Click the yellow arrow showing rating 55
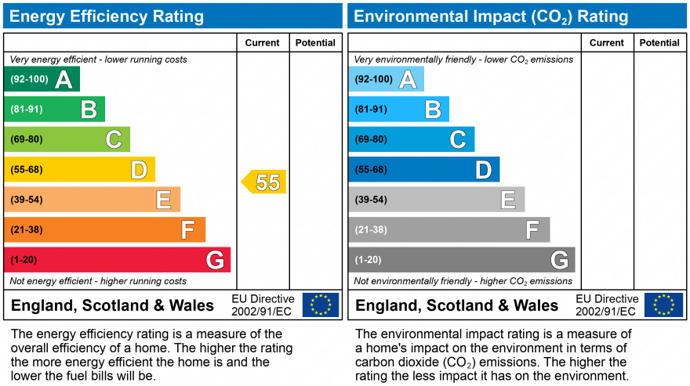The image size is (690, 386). pos(264,182)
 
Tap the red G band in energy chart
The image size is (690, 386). pos(118,260)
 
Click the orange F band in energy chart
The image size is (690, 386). pos(105,229)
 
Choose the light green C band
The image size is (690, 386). pos(67,139)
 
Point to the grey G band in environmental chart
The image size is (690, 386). pos(462,260)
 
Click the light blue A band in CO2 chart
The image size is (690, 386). pos(387,79)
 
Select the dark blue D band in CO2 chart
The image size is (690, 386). pos(424,169)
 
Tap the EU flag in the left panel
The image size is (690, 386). pos(321,305)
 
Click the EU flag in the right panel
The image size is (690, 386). pos(663,305)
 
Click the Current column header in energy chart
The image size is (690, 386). pos(262,43)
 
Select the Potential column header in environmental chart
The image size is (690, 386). pos(659,43)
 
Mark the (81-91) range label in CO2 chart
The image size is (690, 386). pos(371,110)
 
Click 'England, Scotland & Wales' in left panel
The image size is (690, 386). pos(112,305)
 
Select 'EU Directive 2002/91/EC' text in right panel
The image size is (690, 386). pos(607,305)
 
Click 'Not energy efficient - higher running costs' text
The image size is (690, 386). pos(98,281)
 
